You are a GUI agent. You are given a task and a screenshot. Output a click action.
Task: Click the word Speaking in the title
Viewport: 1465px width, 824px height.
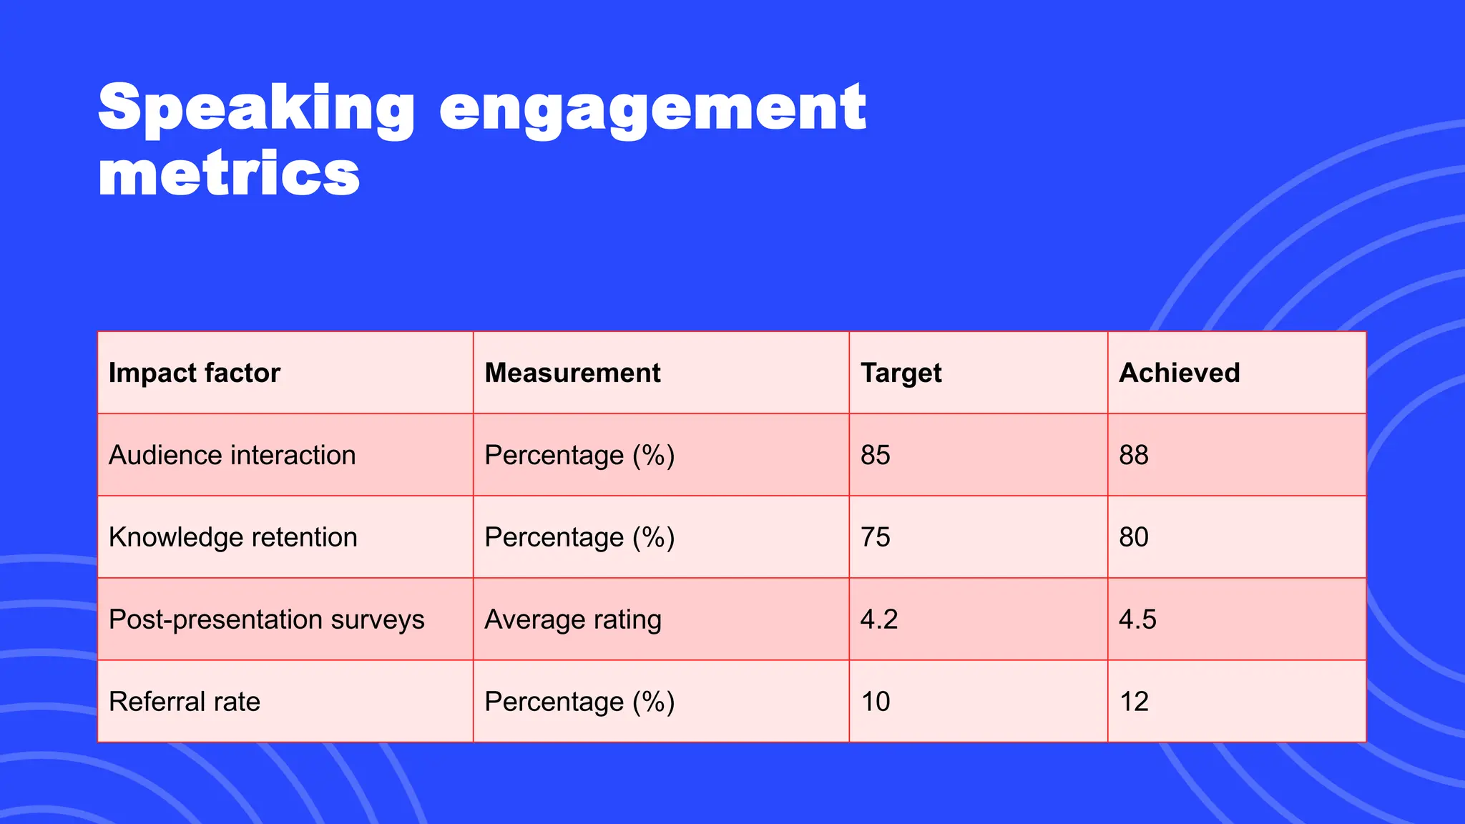pos(256,109)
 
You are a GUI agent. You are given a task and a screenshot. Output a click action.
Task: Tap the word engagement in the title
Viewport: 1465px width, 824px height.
pos(652,109)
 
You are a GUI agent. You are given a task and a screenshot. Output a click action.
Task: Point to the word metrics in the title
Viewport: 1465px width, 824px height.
pos(229,174)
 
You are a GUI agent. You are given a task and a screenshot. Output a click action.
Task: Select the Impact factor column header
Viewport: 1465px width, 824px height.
pos(195,373)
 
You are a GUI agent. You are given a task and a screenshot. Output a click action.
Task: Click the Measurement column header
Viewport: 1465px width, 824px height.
pos(572,373)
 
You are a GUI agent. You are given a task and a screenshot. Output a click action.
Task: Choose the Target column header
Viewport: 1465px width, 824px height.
pos(901,373)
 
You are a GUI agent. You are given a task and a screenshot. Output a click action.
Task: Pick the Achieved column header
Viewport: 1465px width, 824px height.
pos(1179,373)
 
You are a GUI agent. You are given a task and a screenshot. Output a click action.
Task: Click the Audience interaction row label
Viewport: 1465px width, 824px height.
pos(232,456)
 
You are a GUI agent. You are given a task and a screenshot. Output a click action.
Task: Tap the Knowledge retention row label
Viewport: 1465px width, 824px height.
pos(232,538)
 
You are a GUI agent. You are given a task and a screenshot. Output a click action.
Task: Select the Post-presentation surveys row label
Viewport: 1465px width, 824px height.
pos(266,620)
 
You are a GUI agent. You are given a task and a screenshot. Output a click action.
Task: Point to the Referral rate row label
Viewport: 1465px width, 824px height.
pos(185,702)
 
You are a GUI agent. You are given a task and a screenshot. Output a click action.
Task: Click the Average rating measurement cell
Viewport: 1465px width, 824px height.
pos(572,620)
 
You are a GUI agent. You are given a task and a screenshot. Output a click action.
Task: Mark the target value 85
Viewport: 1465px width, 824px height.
pos(876,456)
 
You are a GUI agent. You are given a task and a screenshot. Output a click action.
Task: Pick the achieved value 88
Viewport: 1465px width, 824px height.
pos(1134,456)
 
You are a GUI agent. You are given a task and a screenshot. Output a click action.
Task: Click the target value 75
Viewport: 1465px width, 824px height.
pos(876,538)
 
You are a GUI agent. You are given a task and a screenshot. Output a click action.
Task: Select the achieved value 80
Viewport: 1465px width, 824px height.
pos(1134,538)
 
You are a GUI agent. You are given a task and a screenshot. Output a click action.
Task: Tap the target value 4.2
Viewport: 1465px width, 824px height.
pos(878,620)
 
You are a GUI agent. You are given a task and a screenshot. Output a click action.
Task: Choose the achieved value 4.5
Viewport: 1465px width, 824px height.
pos(1137,620)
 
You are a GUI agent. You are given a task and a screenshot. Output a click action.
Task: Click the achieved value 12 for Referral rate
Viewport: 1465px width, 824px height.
pos(1134,702)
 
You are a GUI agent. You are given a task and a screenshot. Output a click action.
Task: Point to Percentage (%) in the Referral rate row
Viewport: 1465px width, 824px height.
pos(579,702)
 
